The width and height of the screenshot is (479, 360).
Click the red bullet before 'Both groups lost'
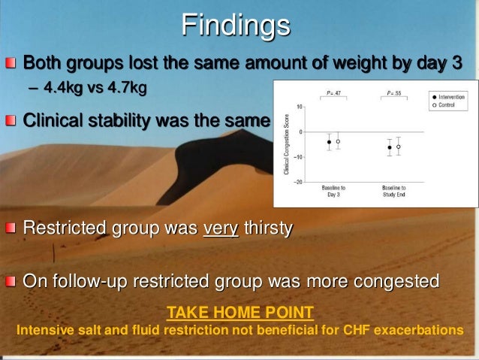click(x=11, y=62)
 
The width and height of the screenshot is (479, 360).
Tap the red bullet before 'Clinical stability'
click(x=11, y=120)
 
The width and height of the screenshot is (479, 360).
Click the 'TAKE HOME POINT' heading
click(x=239, y=312)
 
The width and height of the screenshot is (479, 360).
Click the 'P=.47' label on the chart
click(x=333, y=92)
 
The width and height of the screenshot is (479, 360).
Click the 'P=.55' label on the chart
click(x=393, y=92)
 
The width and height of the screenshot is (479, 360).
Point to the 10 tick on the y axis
click(x=300, y=107)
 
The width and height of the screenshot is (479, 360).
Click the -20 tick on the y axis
click(x=298, y=182)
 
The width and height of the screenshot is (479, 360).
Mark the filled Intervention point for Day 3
click(x=329, y=141)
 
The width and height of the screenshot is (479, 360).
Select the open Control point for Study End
click(x=399, y=147)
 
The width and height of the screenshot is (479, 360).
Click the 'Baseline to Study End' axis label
click(x=393, y=191)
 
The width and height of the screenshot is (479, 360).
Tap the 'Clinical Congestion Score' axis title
click(x=286, y=144)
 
